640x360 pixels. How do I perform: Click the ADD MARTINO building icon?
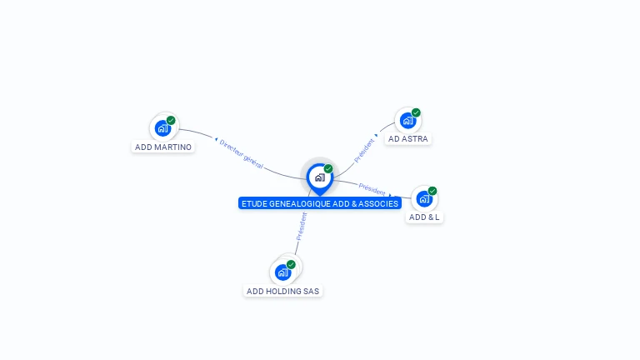[162, 128]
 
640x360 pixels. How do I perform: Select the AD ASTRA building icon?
[407, 121]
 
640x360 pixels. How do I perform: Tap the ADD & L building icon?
[423, 199]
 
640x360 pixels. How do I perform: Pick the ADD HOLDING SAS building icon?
[282, 272]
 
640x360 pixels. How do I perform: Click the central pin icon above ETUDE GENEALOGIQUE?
[319, 177]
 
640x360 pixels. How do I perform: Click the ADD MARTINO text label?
[163, 147]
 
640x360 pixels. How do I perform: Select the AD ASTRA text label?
[408, 139]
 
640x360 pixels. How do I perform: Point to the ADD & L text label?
[424, 217]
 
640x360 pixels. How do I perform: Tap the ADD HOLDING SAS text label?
[282, 291]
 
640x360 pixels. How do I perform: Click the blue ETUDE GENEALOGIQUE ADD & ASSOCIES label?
[320, 203]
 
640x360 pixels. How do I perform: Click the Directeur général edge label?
[241, 154]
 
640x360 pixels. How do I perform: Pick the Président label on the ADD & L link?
[372, 188]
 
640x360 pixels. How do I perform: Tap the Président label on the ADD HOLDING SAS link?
[302, 226]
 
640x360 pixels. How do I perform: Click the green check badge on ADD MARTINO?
[171, 120]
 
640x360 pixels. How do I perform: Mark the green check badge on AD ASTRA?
[416, 112]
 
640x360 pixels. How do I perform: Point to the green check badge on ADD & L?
[432, 191]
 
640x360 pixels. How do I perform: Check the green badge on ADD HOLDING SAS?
[291, 264]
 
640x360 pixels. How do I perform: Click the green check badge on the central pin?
[328, 168]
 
